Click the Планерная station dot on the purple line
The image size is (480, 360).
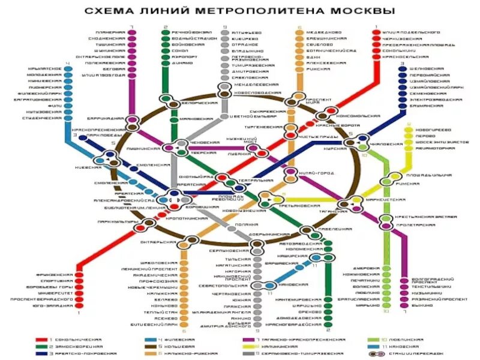pyautogui.click(x=131, y=31)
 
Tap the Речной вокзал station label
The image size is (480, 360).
pyautogui.click(x=185, y=31)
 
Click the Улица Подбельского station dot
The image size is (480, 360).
pyautogui.click(x=377, y=31)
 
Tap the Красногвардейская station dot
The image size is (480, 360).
pyautogui.click(x=328, y=324)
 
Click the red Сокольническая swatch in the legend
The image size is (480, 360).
pyautogui.click(x=43, y=340)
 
